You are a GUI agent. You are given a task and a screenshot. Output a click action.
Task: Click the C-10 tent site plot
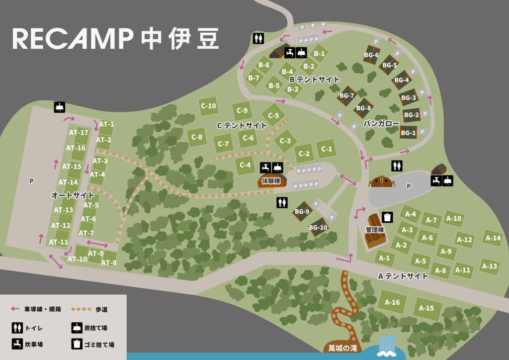pyautogui.click(x=208, y=106)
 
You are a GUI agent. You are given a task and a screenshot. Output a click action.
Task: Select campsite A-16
pyautogui.click(x=392, y=302)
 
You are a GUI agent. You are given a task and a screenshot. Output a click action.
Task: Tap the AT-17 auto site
pyautogui.click(x=79, y=133)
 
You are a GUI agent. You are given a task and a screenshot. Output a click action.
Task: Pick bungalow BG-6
pyautogui.click(x=371, y=55)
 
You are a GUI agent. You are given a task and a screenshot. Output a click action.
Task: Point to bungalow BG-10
pyautogui.click(x=318, y=228)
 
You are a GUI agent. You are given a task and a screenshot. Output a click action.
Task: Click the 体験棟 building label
pyautogui.click(x=271, y=180)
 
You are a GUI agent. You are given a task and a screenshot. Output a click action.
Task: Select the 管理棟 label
pyautogui.click(x=374, y=230)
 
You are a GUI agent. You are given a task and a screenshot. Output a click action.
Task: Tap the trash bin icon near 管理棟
pyautogui.click(x=387, y=217)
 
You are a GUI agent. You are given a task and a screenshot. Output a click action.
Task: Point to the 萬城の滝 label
pyautogui.click(x=342, y=348)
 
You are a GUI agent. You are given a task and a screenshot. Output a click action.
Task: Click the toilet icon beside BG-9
pyautogui.click(x=282, y=202)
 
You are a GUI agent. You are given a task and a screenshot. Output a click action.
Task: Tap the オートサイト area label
pyautogui.click(x=73, y=196)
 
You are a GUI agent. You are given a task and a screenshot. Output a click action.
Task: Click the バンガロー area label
pyautogui.click(x=381, y=123)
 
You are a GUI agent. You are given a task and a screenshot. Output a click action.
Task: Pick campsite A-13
pyautogui.click(x=490, y=266)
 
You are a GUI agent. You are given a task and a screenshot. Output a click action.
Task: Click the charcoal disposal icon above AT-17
pyautogui.click(x=60, y=107)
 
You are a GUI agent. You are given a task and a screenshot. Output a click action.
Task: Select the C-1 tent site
pyautogui.click(x=327, y=148)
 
